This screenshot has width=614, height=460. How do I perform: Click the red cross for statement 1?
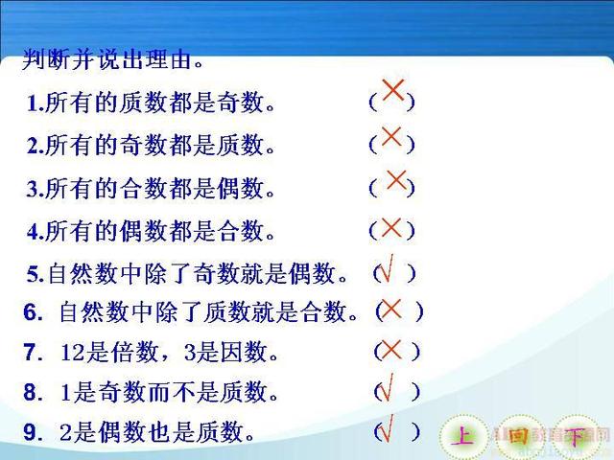pos(392,90)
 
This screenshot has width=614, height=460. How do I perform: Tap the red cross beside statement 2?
pos(391,136)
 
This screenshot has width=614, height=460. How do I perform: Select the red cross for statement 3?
pos(396,180)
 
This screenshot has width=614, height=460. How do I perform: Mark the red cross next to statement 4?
pos(391,228)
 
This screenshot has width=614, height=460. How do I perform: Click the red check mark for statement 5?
pos(386,268)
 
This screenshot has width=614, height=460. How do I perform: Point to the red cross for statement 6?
pos(391,309)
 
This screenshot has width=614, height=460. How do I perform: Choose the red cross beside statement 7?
pos(391,349)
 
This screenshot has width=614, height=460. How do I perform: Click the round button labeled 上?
pos(463,436)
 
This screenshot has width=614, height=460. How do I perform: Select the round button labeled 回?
pos(520,436)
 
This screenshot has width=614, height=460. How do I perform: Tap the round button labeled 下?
pos(576,436)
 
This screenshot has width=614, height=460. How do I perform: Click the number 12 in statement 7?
pos(73,352)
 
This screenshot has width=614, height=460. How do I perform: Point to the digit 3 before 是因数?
pos(190,352)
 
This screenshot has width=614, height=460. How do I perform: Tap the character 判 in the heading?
pos(35,59)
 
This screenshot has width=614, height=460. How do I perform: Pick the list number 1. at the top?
pos(35,103)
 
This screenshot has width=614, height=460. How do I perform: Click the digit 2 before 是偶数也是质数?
pos(66,432)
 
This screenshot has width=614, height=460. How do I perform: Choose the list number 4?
pos(35,232)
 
